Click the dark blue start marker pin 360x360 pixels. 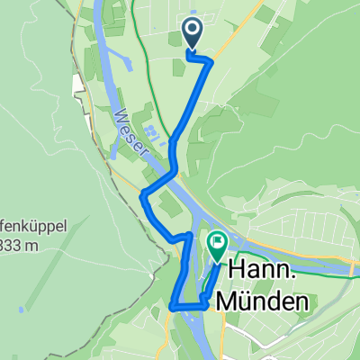tap(193, 33)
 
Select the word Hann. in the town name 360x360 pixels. tap(265, 270)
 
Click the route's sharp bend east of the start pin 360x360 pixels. tap(211, 61)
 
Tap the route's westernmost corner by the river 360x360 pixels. tap(142, 193)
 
